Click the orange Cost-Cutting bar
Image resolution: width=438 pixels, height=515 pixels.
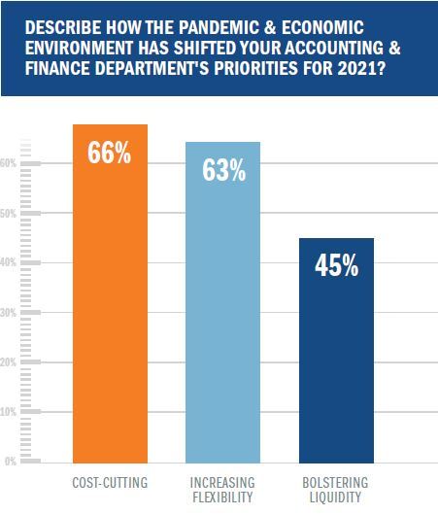click(110, 311)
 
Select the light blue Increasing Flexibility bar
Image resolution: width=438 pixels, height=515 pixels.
click(222, 321)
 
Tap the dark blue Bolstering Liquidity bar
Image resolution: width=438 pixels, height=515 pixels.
click(336, 360)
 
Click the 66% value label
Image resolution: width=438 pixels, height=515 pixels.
click(110, 155)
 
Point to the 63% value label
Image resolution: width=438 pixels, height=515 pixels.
click(222, 171)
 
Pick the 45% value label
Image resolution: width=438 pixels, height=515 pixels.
click(336, 266)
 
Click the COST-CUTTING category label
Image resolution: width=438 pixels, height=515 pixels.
click(110, 482)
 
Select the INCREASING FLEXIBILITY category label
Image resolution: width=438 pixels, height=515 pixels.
click(222, 490)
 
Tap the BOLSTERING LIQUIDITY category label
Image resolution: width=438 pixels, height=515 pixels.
click(336, 490)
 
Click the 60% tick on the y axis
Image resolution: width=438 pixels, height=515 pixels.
click(9, 163)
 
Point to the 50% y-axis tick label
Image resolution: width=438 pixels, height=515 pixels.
click(9, 213)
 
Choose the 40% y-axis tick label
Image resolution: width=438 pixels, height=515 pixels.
click(9, 262)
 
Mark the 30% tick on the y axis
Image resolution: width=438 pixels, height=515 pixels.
click(9, 313)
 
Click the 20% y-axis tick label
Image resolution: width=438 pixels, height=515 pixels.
click(9, 362)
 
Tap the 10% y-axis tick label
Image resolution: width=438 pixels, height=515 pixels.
click(9, 412)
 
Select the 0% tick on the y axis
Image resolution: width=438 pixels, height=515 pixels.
click(9, 462)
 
